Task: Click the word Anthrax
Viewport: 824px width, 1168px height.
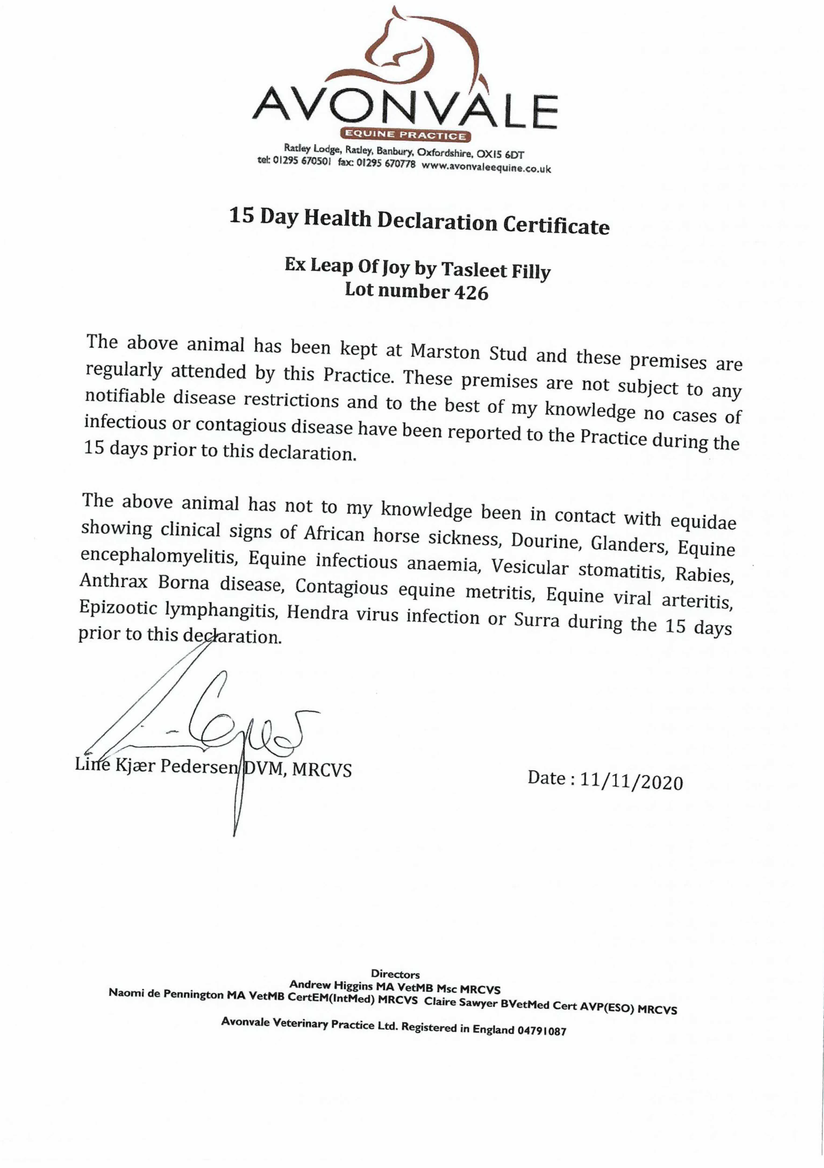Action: point(114,580)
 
